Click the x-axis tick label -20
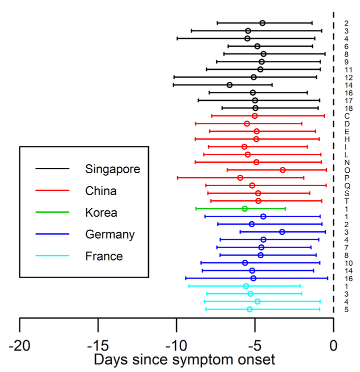(19, 345)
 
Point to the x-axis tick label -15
(97, 345)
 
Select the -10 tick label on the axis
(176, 345)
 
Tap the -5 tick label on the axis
(254, 345)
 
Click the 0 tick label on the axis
(333, 345)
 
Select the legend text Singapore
(112, 169)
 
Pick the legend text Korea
(101, 213)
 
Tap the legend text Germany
(109, 235)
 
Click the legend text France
(104, 257)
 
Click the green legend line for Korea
(52, 213)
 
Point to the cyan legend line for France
(52, 257)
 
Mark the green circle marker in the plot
(244, 209)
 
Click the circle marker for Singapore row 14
(229, 85)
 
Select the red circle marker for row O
(282, 170)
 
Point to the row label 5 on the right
(346, 310)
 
